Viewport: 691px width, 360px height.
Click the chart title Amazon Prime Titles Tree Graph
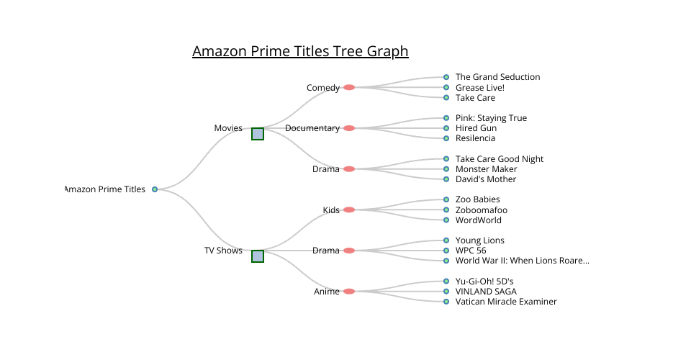click(x=300, y=51)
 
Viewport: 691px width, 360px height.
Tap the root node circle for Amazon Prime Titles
click(x=155, y=189)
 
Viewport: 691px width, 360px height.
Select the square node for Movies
click(x=258, y=133)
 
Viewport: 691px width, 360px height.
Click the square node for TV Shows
click(x=258, y=256)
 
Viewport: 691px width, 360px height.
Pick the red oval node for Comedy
click(x=349, y=87)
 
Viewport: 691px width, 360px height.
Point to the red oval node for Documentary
click(x=349, y=128)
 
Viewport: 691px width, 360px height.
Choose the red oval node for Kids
click(x=349, y=210)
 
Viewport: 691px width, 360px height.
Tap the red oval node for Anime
click(x=349, y=292)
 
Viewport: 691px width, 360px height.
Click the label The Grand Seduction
click(x=497, y=77)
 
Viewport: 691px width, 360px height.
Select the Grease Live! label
click(x=480, y=88)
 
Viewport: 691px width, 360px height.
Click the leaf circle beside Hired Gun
click(x=446, y=128)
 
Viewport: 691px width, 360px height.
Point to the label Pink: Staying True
click(x=491, y=118)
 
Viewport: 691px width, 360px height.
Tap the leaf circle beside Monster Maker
click(x=446, y=169)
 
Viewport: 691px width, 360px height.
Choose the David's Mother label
click(x=486, y=179)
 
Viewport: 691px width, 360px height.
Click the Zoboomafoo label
click(x=482, y=210)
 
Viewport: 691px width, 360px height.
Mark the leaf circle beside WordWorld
click(x=446, y=220)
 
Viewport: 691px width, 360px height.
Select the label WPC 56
click(x=471, y=251)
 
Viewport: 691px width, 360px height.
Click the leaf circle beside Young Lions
click(x=446, y=240)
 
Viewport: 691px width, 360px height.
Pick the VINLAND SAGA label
click(x=485, y=292)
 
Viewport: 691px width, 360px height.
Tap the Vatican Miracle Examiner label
click(x=506, y=302)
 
